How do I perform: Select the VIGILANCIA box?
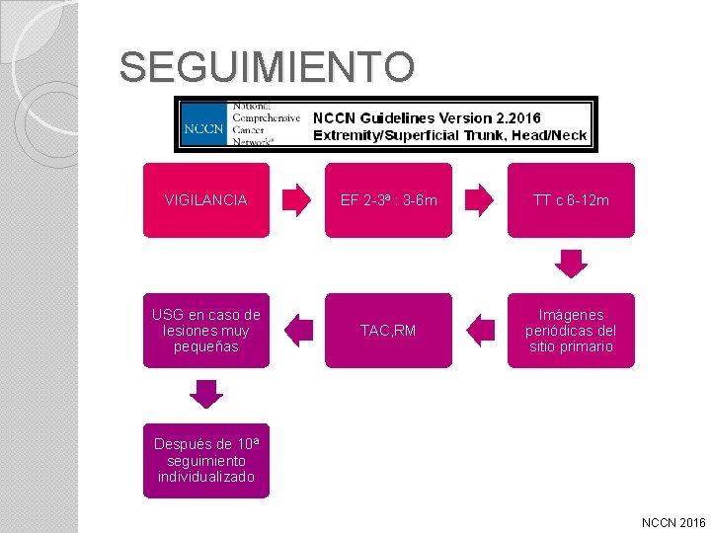(205, 200)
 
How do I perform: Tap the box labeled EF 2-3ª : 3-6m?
(388, 200)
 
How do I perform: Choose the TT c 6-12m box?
(571, 200)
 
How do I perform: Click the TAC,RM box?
(388, 331)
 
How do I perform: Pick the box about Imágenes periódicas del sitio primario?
(571, 331)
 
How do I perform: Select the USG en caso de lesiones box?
(205, 331)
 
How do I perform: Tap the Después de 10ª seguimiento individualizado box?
(205, 461)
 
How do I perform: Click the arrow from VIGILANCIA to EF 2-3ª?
(296, 200)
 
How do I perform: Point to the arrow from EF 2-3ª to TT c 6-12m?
(479, 200)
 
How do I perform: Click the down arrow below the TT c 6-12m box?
(571, 263)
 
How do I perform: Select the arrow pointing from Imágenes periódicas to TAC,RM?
(480, 331)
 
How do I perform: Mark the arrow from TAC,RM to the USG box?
(297, 331)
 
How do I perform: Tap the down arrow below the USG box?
(205, 394)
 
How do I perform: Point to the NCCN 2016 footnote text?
(673, 521)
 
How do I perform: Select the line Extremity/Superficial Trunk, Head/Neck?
(449, 135)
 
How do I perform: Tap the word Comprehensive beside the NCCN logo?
(266, 116)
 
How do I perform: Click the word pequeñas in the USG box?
(205, 347)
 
